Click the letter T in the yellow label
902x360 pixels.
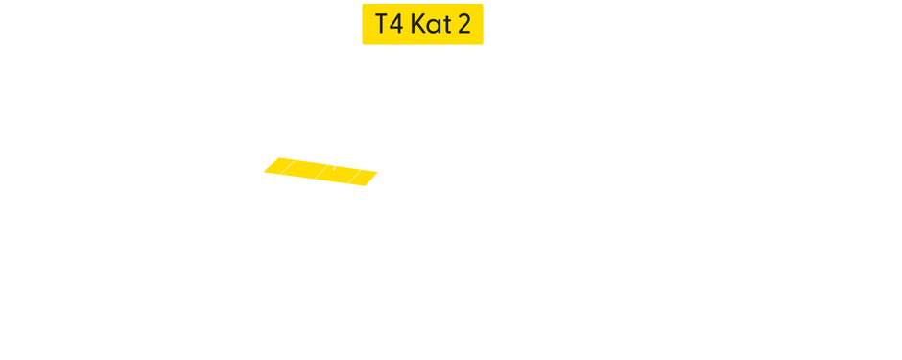tap(382, 25)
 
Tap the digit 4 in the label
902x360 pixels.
tap(395, 25)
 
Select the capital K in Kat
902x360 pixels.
tap(416, 25)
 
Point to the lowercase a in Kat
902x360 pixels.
tap(432, 27)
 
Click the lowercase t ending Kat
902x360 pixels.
tap(444, 26)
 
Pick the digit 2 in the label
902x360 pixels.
tap(463, 25)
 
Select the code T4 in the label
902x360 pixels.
tap(389, 25)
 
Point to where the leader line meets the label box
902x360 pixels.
tap(398, 45)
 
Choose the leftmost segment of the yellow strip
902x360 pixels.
tap(276, 167)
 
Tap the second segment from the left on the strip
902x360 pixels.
tap(305, 170)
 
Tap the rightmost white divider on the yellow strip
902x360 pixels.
tap(354, 176)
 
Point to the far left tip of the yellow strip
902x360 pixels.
tap(264, 172)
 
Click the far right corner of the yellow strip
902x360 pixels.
tap(378, 174)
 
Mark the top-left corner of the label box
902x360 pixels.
tap(362, 5)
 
